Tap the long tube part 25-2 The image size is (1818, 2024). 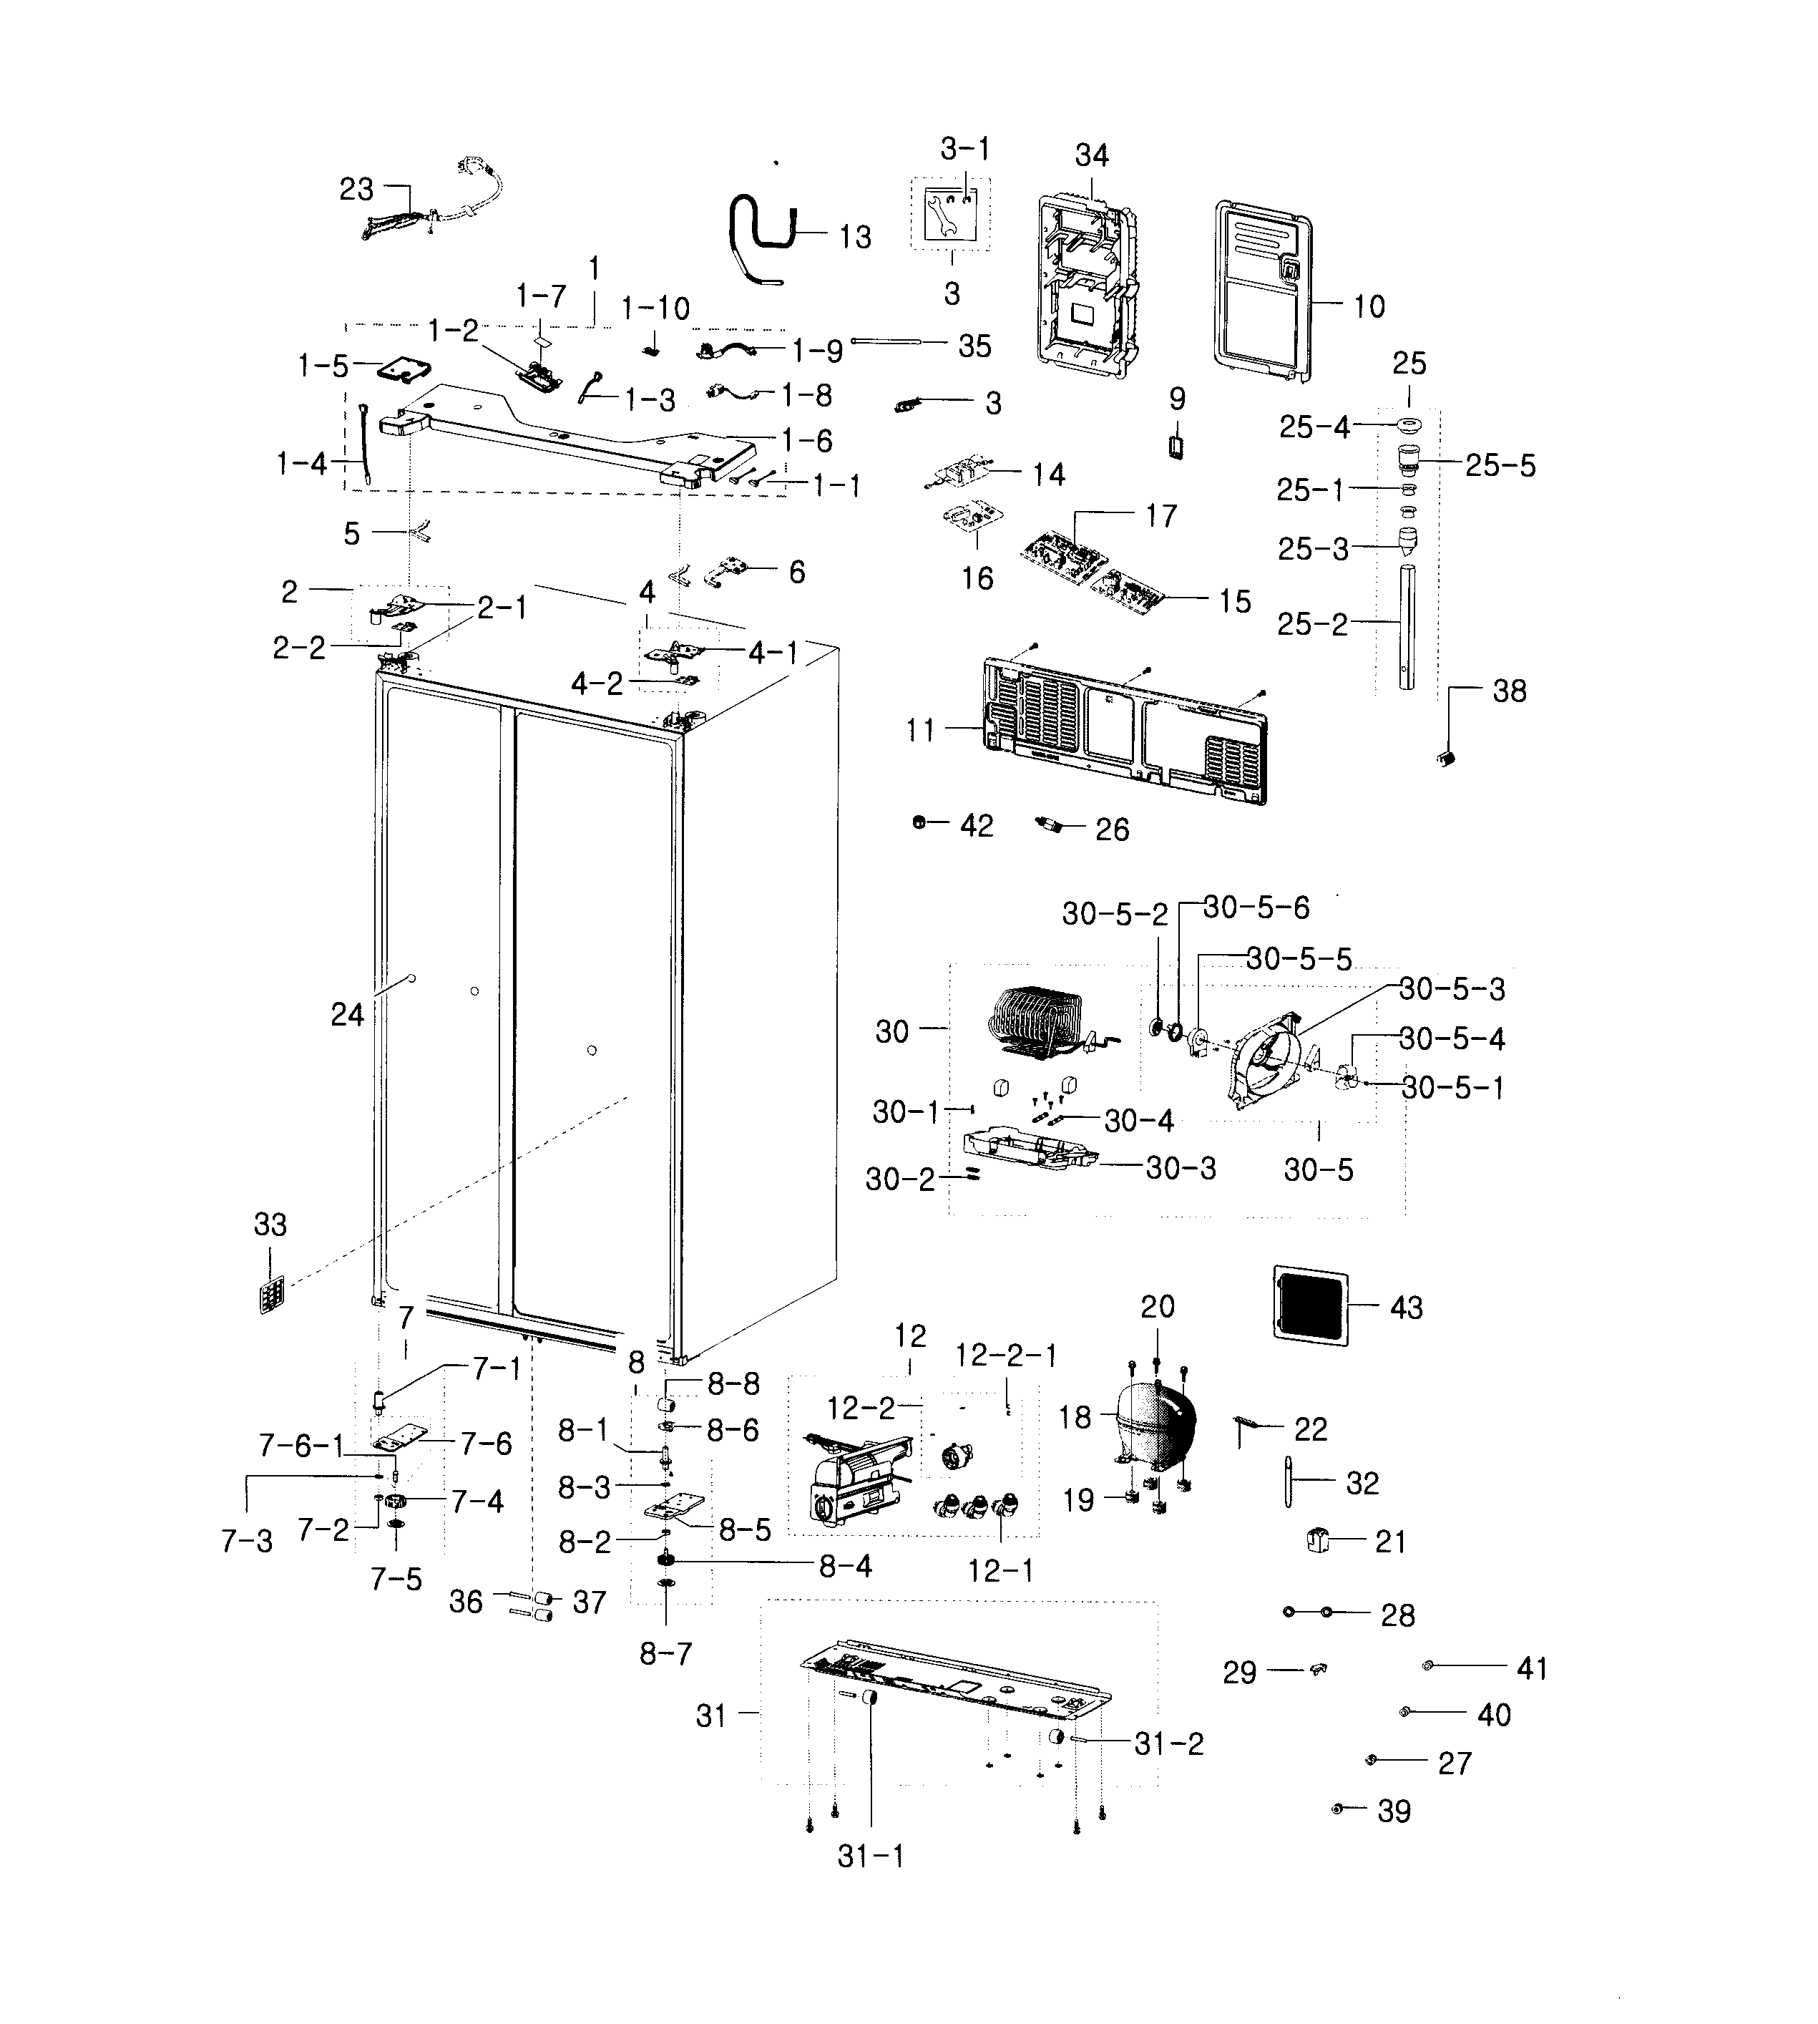click(1407, 628)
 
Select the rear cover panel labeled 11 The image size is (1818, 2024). click(1124, 732)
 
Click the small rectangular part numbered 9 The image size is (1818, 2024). click(1177, 444)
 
